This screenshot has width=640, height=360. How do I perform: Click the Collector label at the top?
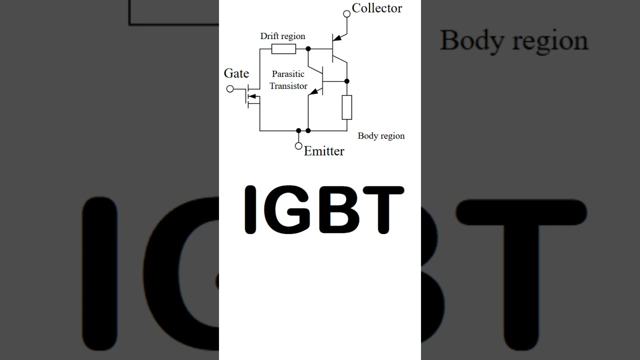coord(377,8)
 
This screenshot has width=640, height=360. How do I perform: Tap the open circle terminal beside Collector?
coord(347,13)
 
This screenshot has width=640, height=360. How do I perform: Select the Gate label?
coord(236,73)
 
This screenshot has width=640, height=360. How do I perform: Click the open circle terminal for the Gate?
coord(230,89)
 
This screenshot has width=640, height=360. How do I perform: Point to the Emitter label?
coord(324,151)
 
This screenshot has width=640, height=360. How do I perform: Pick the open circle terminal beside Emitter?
coord(298,146)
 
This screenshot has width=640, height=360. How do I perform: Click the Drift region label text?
coord(282,36)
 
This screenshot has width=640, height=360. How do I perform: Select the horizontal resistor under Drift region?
coord(283,49)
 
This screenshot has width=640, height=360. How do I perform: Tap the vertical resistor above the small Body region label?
coord(347,107)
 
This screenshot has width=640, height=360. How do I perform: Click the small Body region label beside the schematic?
coord(381,135)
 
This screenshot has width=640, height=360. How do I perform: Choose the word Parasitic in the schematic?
coord(288,74)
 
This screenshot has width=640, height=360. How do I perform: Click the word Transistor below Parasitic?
coord(288,85)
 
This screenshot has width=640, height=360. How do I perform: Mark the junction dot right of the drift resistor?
coord(308,49)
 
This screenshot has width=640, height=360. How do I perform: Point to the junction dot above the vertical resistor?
coord(347,81)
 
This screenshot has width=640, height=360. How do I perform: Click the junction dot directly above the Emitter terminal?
coord(298,130)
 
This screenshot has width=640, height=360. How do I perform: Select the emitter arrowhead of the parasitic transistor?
coord(313,91)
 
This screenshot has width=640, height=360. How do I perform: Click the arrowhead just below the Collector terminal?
coord(337,37)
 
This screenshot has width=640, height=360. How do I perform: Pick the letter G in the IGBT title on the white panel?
coord(287,209)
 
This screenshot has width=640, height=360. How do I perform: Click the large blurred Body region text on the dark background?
coord(514,41)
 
